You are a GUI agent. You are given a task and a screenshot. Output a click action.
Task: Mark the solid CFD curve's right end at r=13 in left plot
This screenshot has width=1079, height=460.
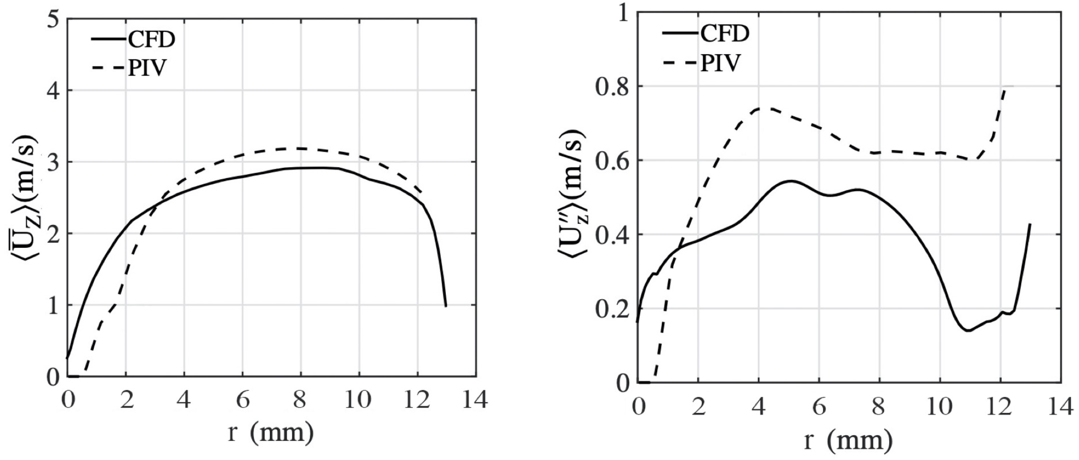[446, 306]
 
